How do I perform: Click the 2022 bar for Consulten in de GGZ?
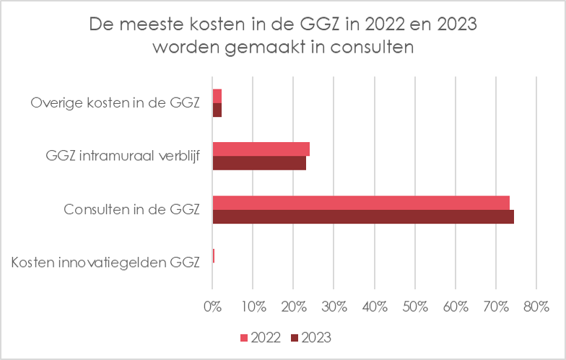click(x=361, y=202)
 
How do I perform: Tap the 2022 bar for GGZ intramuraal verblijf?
click(x=261, y=149)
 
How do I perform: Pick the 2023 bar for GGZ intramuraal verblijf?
click(x=259, y=163)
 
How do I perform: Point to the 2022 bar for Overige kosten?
click(x=217, y=95)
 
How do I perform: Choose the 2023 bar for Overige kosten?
click(x=217, y=110)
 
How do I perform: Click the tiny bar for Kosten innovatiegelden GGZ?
click(x=214, y=255)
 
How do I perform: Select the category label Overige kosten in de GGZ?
click(x=115, y=102)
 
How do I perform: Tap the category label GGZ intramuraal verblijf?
click(x=122, y=156)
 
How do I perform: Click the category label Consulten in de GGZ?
click(x=131, y=210)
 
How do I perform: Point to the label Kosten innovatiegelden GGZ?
click(x=105, y=263)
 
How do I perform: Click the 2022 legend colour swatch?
click(x=243, y=337)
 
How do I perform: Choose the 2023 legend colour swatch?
click(x=294, y=337)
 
